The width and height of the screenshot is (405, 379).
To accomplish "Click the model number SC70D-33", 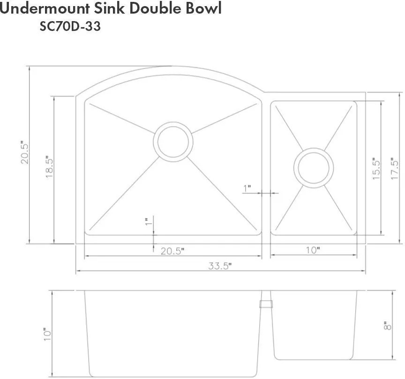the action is (x=70, y=26).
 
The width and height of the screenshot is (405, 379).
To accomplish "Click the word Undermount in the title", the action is (x=45, y=8).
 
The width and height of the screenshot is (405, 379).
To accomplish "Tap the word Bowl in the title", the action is (x=203, y=8).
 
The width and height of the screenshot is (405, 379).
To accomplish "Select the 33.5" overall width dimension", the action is (x=220, y=265).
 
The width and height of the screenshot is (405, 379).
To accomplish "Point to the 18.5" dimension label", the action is (x=49, y=167).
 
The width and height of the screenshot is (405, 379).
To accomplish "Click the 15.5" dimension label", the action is (x=376, y=169).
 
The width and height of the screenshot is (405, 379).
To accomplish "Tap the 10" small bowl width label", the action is (x=313, y=250).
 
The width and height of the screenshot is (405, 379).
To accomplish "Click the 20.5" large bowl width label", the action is (x=172, y=251).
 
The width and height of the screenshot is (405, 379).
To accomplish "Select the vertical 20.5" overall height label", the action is (x=25, y=152).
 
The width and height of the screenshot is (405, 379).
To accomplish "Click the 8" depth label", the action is (x=388, y=326).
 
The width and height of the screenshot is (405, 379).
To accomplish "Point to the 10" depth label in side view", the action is (x=47, y=334).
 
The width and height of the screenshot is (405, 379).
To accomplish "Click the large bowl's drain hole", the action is (x=173, y=142).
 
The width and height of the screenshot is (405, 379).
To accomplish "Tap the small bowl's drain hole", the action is (x=314, y=168).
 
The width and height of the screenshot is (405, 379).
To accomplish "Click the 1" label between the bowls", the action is (x=247, y=189).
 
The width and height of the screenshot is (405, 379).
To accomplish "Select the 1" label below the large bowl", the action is (x=149, y=221).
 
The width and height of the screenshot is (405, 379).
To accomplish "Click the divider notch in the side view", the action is (x=266, y=304).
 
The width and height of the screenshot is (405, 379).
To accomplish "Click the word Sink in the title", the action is (x=110, y=8).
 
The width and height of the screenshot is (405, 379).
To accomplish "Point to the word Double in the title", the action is (x=155, y=8).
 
